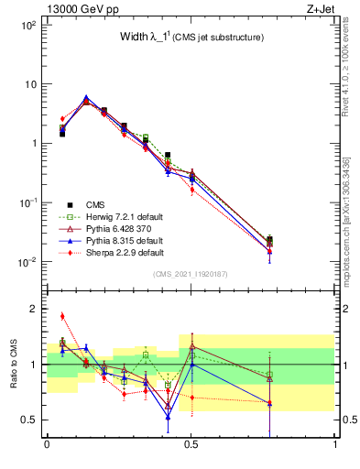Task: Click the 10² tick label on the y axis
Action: pos(28,26)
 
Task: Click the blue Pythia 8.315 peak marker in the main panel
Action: pos(86,97)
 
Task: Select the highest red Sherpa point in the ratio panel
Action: pos(62,316)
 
